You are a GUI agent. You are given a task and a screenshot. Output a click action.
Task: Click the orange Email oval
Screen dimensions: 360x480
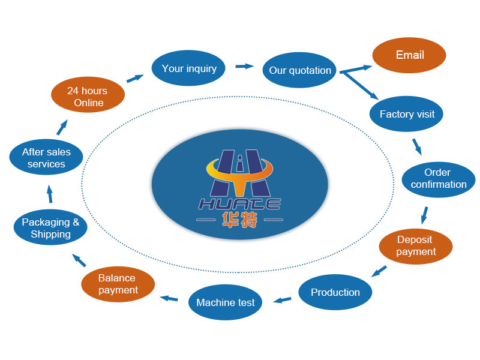click(409, 56)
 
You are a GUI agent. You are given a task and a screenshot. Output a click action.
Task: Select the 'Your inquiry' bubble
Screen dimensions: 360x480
click(188, 68)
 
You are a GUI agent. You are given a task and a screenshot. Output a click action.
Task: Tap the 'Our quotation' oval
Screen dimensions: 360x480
click(299, 70)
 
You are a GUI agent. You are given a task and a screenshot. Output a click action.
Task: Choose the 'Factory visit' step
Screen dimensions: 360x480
click(407, 113)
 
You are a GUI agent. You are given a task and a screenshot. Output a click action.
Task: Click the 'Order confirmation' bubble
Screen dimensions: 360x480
click(438, 179)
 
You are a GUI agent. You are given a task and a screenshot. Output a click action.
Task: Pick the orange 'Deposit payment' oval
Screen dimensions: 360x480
click(415, 246)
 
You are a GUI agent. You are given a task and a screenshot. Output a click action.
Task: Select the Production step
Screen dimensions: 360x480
click(335, 292)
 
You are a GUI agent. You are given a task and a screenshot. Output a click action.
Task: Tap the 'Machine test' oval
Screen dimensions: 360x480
click(225, 302)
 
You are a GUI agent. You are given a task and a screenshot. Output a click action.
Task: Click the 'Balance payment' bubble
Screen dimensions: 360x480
click(118, 284)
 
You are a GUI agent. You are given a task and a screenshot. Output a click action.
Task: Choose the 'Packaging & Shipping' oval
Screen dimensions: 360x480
click(50, 228)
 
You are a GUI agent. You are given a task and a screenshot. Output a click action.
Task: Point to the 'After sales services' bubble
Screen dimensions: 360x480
click(46, 158)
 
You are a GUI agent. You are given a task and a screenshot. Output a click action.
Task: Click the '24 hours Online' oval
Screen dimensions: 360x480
click(88, 97)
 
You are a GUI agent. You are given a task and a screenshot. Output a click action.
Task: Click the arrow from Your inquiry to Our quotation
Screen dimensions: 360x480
click(244, 66)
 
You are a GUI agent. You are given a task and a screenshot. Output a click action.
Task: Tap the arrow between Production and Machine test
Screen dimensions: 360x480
click(283, 299)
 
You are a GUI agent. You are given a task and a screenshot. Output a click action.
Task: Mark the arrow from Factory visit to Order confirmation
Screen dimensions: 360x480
click(416, 146)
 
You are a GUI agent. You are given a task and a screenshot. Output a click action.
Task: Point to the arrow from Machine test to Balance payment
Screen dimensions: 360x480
click(169, 298)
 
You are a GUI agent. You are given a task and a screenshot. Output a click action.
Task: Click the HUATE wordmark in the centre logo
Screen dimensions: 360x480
click(239, 204)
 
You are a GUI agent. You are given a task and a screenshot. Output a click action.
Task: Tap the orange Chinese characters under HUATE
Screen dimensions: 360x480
click(239, 220)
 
